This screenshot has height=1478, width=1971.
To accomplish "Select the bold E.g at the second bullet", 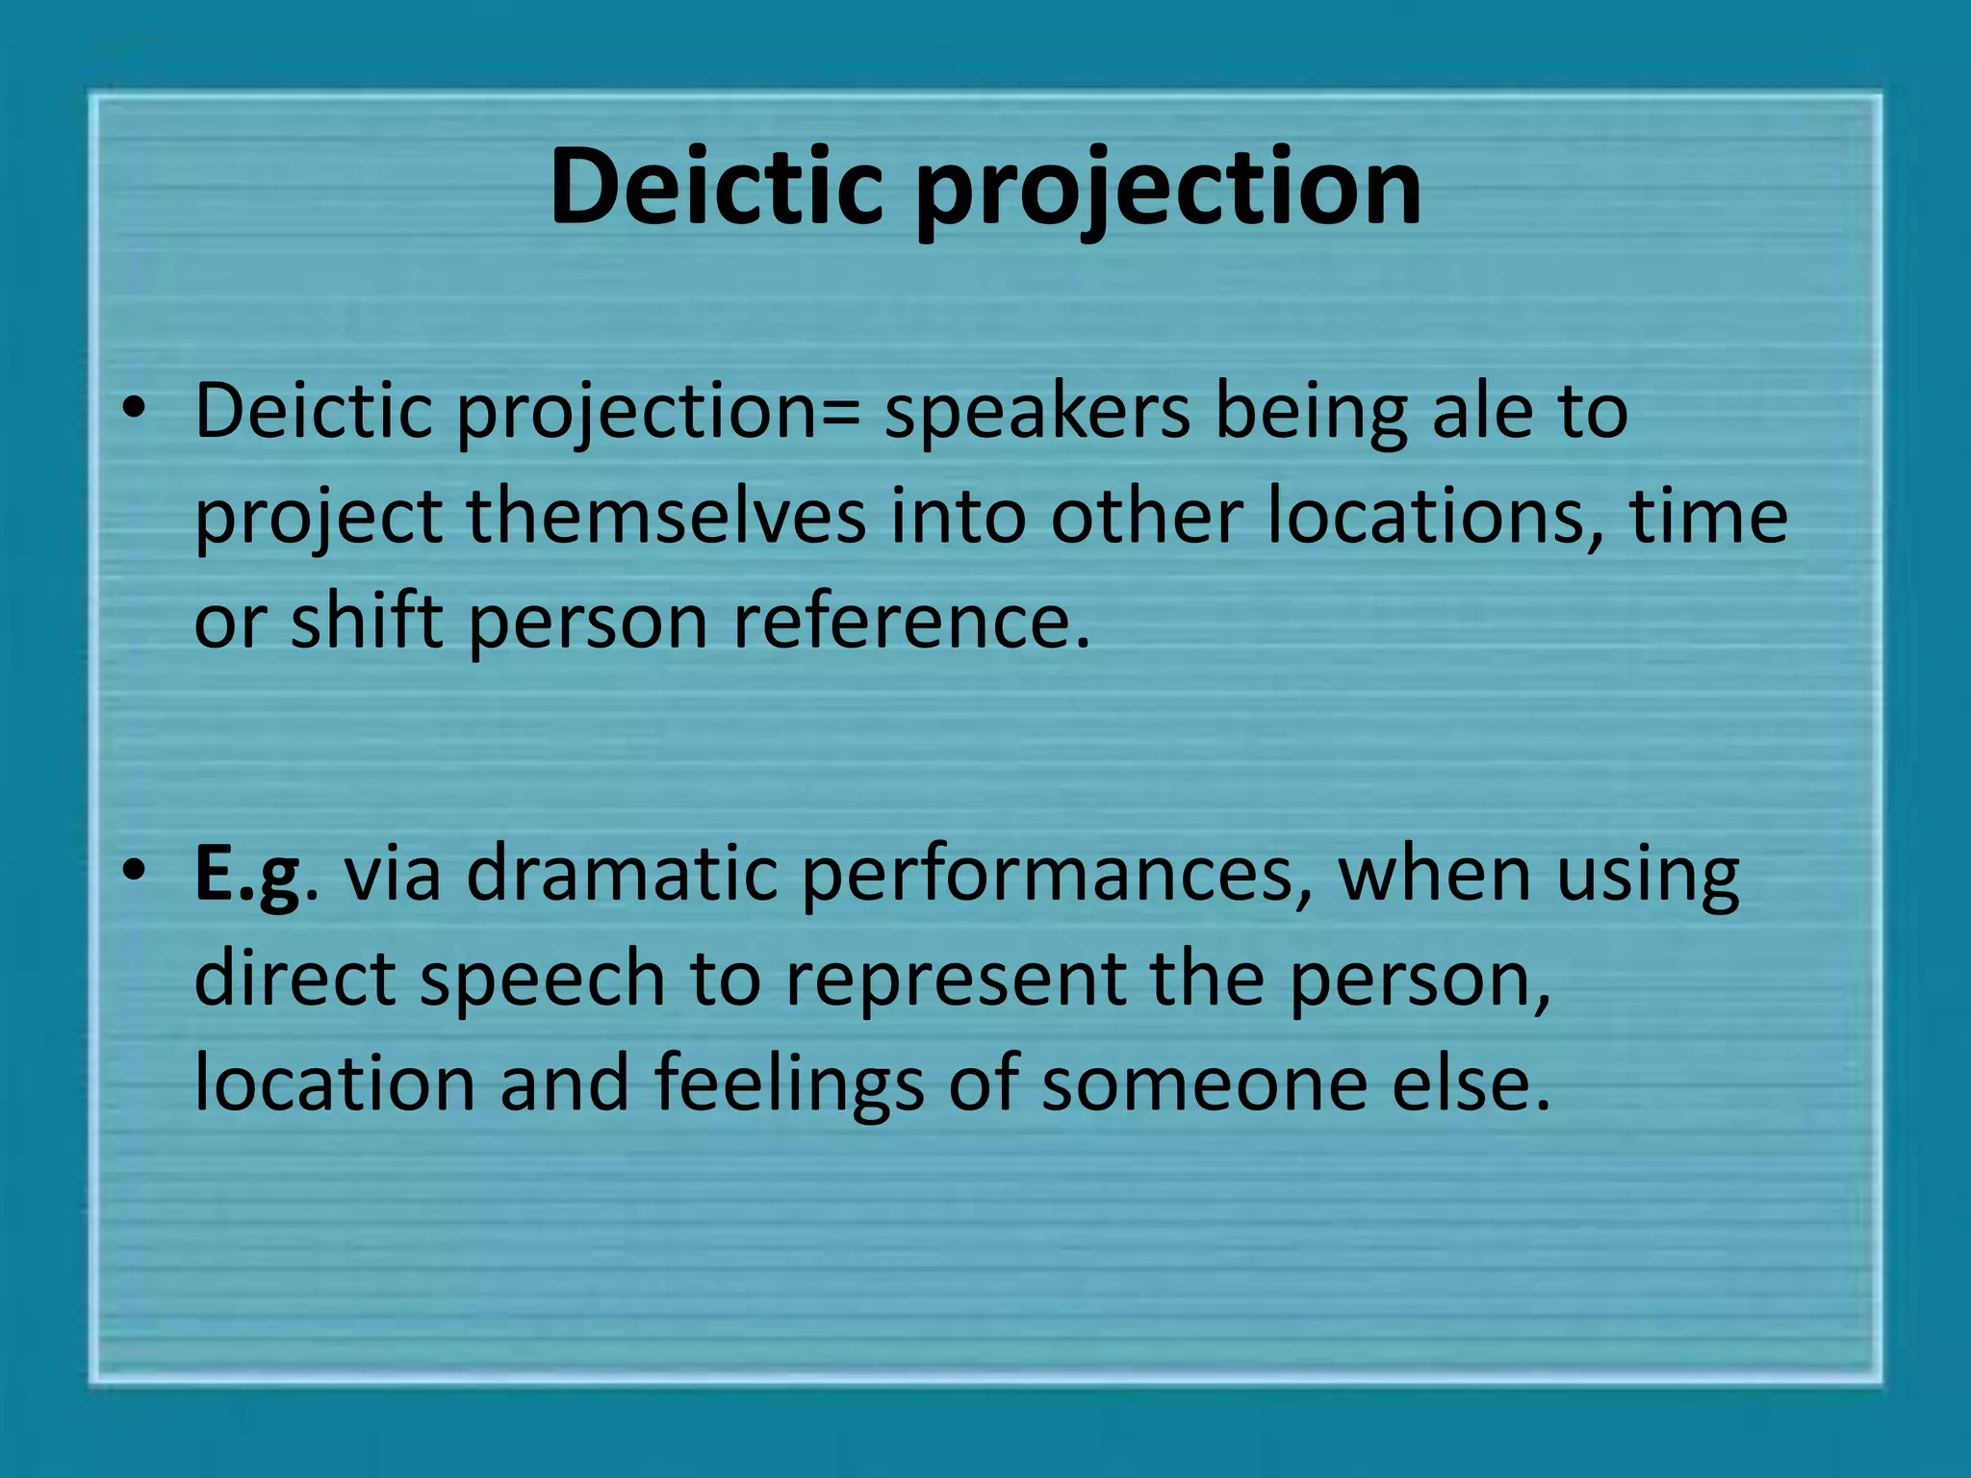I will coord(247,874).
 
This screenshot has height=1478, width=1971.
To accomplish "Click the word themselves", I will coord(666,516).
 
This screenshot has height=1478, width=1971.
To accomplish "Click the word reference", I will coord(912,622).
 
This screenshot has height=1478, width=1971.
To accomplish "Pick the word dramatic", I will coord(622,874).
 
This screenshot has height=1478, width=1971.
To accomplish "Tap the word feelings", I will coord(789,1083).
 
